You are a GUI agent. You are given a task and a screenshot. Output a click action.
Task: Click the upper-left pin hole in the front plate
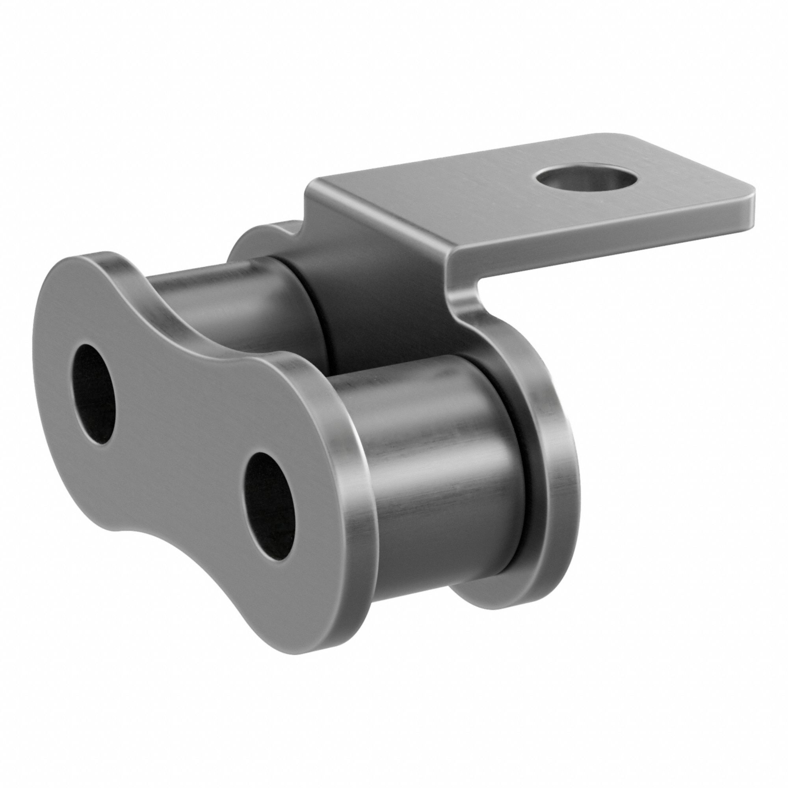(x=93, y=394)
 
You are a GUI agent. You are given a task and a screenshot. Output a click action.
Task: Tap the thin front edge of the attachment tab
(x=604, y=241)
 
